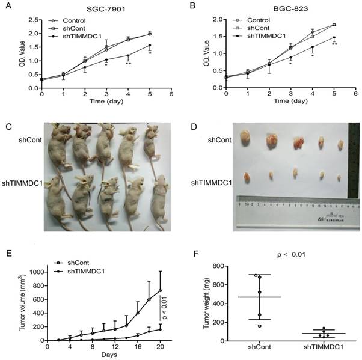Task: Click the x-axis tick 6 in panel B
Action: coord(355,94)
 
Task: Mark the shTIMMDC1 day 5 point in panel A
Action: coord(150,46)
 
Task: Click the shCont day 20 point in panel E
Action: coord(161,291)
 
